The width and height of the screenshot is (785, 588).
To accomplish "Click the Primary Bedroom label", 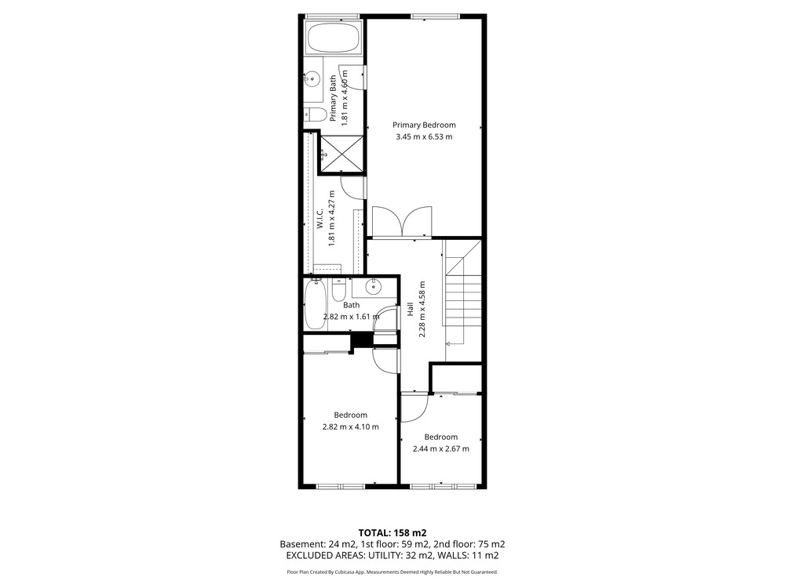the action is [x=424, y=125].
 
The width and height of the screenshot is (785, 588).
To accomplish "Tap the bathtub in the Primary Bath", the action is [x=332, y=37].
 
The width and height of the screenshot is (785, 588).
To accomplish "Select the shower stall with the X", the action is [x=341, y=153].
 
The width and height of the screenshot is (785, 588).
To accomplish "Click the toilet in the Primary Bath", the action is [x=314, y=114].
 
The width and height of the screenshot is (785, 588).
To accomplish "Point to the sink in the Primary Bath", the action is [x=312, y=78].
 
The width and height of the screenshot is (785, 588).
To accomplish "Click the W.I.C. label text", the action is [x=320, y=219].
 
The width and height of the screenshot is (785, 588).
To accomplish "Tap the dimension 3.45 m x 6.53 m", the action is [x=424, y=137].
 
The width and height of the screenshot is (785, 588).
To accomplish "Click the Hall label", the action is [x=410, y=309].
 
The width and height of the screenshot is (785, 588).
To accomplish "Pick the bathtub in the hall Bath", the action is [x=316, y=304].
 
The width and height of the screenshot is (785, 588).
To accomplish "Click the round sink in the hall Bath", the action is [x=373, y=287].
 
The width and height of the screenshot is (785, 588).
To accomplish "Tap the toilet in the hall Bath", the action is [x=339, y=290].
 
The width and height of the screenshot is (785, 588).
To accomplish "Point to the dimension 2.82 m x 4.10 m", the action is [x=350, y=427].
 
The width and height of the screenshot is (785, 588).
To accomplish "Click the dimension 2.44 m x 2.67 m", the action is [x=441, y=449].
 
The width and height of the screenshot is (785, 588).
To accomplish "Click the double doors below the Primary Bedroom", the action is [x=401, y=221].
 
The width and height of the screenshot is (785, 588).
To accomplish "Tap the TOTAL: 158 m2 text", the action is [x=392, y=533].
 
